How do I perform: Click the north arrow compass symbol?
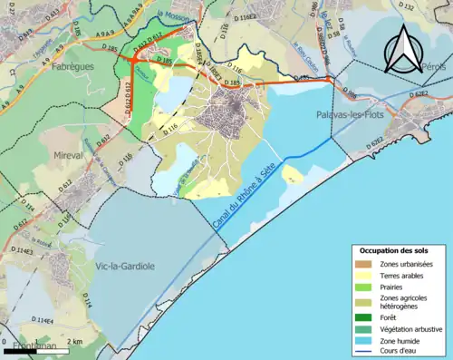coord(403,49)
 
